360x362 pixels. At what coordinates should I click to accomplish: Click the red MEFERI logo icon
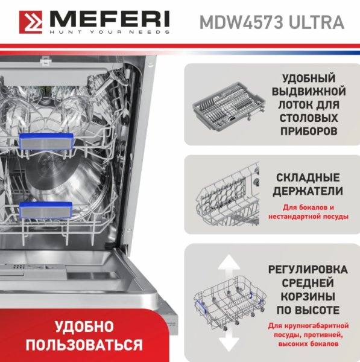(x=31, y=22)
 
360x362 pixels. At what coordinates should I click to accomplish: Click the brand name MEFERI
(x=110, y=19)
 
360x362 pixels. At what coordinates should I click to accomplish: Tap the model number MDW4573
(x=241, y=22)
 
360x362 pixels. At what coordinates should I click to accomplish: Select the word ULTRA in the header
(x=317, y=22)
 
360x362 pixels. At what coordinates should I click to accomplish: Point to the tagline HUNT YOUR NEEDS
(x=110, y=32)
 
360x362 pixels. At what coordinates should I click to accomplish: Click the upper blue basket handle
(x=46, y=141)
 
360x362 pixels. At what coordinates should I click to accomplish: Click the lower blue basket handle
(x=46, y=209)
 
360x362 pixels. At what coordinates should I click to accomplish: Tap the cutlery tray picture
(x=229, y=106)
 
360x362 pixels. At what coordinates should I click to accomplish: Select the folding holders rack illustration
(x=229, y=194)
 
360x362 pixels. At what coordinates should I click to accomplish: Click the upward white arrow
(x=229, y=265)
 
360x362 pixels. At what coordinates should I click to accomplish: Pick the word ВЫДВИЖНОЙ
(x=309, y=92)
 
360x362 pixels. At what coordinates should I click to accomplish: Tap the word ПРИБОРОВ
(x=309, y=131)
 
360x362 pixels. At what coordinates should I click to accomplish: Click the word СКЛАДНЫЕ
(x=308, y=178)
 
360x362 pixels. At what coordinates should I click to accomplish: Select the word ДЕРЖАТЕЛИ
(x=308, y=191)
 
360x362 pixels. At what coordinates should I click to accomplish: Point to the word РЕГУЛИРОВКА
(x=308, y=270)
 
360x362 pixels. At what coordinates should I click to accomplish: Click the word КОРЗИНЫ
(x=308, y=297)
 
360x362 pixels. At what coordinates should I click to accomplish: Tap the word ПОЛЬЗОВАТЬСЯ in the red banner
(x=84, y=345)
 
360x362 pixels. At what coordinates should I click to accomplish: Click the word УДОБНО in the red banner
(x=84, y=327)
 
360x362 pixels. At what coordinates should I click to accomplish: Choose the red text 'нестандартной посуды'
(x=308, y=217)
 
